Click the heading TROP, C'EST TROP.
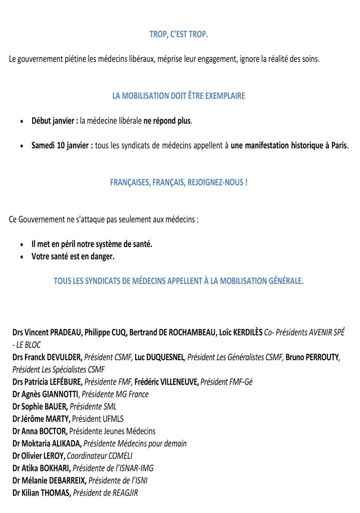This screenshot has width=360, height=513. pyautogui.click(x=179, y=35)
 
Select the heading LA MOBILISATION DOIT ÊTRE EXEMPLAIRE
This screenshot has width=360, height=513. pyautogui.click(x=179, y=96)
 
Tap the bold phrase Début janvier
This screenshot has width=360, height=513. pyautogui.click(x=55, y=121)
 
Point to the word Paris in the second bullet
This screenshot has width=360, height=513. pyautogui.click(x=338, y=146)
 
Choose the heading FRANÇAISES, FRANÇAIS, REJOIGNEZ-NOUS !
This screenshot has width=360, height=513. pyautogui.click(x=179, y=183)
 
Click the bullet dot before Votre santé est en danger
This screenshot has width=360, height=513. pyautogui.click(x=22, y=257)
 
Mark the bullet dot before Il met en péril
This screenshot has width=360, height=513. pyautogui.click(x=22, y=244)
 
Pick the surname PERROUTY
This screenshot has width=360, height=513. pyautogui.click(x=322, y=357)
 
